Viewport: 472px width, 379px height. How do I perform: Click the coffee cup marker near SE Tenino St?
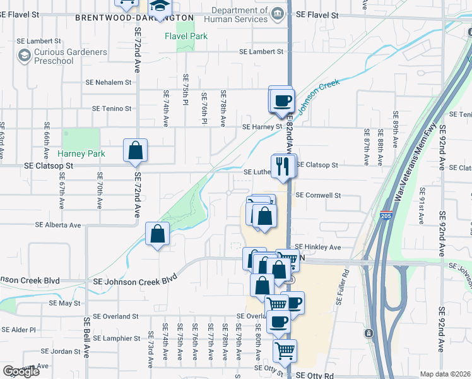click(x=282, y=100)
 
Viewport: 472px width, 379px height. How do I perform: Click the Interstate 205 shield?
click(x=386, y=216)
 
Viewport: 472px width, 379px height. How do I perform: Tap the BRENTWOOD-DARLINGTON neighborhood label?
click(x=134, y=18)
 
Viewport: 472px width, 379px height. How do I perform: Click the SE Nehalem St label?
click(x=109, y=82)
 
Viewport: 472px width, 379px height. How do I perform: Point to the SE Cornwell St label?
click(x=318, y=196)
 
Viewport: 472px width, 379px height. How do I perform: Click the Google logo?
click(x=20, y=371)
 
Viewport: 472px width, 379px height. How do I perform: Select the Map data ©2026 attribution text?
click(x=445, y=374)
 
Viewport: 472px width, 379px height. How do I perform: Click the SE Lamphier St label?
click(x=117, y=339)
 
